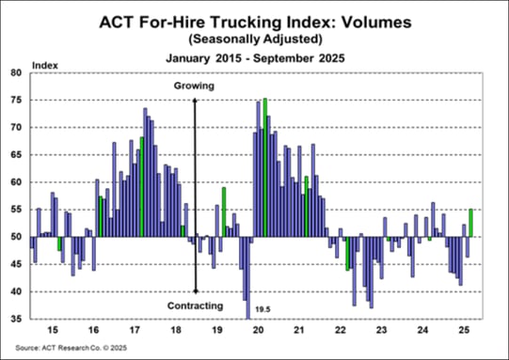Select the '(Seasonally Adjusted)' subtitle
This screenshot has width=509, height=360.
[x=255, y=39]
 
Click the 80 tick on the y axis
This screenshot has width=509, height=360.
[x=16, y=72]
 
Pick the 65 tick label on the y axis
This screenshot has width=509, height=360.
[x=16, y=155]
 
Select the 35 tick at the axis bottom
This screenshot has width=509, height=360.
[x=16, y=320]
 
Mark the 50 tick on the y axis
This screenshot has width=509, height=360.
[x=16, y=237]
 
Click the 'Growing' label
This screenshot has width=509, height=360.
[x=195, y=86]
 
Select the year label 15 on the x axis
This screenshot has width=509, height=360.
[x=52, y=332]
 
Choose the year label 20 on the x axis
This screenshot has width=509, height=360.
[x=264, y=332]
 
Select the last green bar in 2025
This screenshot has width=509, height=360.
[x=470, y=223]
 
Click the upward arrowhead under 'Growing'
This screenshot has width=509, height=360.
[x=195, y=99]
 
